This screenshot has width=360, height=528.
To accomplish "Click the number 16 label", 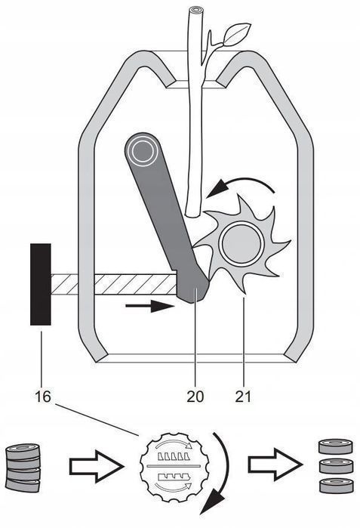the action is coord(43,397).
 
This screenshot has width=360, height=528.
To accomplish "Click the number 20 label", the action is coord(195,397).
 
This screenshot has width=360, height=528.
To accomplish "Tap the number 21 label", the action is coord(243,397).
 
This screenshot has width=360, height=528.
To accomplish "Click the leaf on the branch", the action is coord(236,34).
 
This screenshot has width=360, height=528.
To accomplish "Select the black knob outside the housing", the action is coord(41,284).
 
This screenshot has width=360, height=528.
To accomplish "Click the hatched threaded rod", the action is coord(114,285).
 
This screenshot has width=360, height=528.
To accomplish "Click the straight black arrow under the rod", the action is coord(150,306).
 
